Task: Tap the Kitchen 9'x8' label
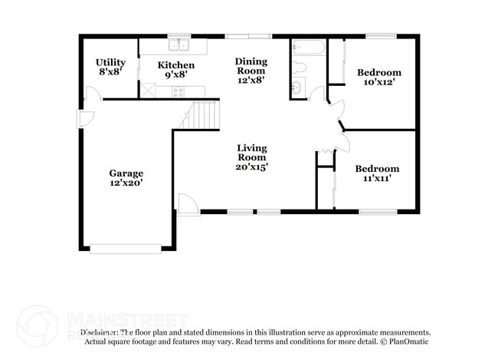(176, 70)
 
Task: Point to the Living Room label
(251, 157)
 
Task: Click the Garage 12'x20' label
(126, 178)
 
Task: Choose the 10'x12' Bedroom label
(379, 78)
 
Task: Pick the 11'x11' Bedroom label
(376, 173)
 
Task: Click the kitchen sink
(179, 45)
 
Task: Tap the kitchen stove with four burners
(179, 91)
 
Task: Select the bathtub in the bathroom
(308, 48)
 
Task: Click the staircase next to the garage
(204, 116)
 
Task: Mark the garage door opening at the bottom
(126, 248)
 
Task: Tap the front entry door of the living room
(188, 204)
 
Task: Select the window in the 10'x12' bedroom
(380, 35)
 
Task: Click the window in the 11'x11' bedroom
(377, 211)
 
